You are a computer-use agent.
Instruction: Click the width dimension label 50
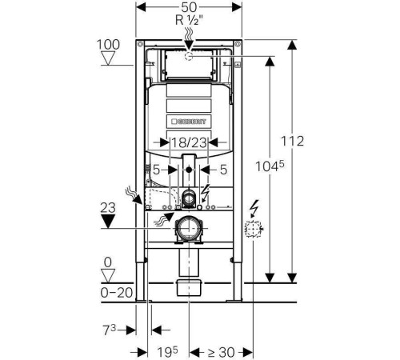click(x=189, y=7)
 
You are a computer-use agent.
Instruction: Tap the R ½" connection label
click(x=189, y=20)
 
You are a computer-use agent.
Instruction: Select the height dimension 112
click(x=292, y=141)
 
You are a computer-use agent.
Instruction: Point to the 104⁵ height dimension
click(x=270, y=166)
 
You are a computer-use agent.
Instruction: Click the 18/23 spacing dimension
click(x=189, y=142)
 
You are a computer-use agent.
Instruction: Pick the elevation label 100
click(x=108, y=45)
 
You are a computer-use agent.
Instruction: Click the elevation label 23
click(x=108, y=208)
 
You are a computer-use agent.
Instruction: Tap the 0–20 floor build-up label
click(x=117, y=293)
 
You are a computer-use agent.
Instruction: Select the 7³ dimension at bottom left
click(x=110, y=330)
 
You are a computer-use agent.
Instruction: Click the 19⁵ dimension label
click(x=167, y=352)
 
